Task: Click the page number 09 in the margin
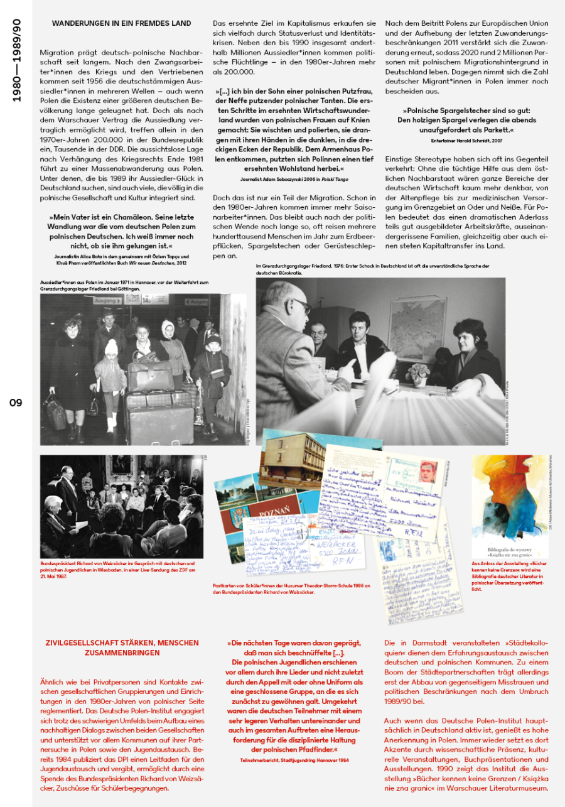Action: (x=16, y=402)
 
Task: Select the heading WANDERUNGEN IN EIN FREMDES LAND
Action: (x=122, y=24)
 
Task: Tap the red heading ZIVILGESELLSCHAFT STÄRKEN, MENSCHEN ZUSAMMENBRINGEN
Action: (x=122, y=647)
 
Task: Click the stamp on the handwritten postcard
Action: (x=428, y=473)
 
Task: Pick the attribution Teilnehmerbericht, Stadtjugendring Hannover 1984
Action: (x=294, y=760)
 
